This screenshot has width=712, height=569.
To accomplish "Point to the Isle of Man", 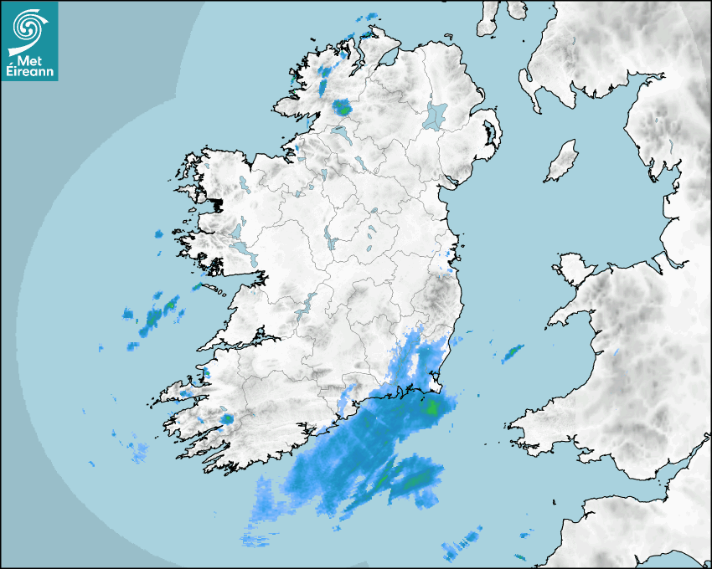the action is click(562, 161).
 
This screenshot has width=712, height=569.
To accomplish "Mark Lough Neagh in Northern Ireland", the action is click(436, 115).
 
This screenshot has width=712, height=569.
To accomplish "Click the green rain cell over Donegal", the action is click(342, 106).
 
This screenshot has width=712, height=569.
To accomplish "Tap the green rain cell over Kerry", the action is click(226, 418).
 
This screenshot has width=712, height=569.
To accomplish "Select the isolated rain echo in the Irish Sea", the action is click(512, 353).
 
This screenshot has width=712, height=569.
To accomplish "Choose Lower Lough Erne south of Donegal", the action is click(343, 133).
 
